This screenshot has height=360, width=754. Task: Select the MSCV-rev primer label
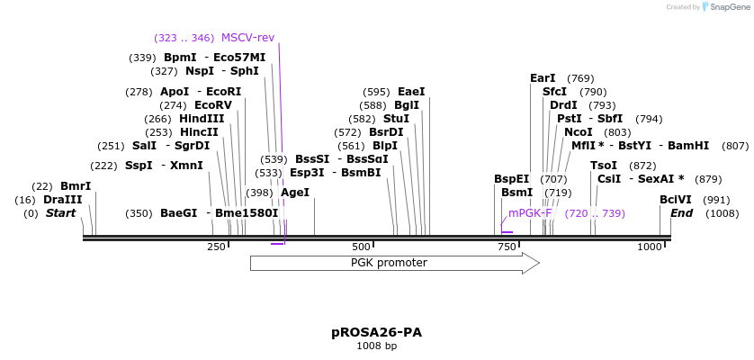click(x=247, y=38)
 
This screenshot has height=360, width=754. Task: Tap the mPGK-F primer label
click(x=530, y=213)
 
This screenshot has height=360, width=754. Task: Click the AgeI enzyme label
click(x=295, y=192)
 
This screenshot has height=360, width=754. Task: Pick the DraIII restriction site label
click(x=62, y=200)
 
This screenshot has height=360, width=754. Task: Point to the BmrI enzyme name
click(x=76, y=186)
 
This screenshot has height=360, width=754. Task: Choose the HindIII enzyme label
click(x=202, y=119)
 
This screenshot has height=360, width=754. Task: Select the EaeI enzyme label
click(x=411, y=92)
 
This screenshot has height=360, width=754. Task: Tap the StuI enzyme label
click(x=396, y=119)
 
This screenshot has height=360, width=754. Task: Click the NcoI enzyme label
click(x=579, y=132)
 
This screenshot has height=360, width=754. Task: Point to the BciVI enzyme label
click(x=676, y=200)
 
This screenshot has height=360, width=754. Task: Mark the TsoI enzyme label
click(x=604, y=166)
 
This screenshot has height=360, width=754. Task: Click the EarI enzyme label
click(x=543, y=78)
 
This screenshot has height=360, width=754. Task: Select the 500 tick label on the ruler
click(x=361, y=247)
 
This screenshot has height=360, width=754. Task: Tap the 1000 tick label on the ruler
click(x=650, y=247)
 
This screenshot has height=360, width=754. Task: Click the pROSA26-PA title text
click(x=376, y=332)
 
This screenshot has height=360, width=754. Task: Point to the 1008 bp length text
click(x=376, y=346)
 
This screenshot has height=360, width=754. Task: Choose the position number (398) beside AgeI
click(x=259, y=192)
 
